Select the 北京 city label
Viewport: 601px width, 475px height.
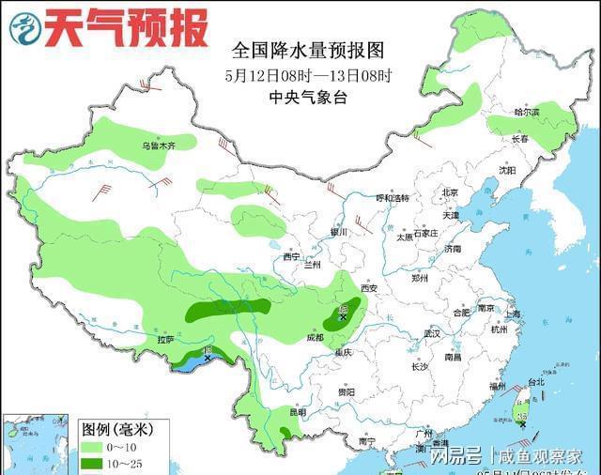449,192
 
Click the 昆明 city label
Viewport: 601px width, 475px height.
298,411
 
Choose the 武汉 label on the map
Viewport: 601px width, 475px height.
432,333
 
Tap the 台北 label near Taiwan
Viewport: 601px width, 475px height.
536,382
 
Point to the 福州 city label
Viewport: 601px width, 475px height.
497,386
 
